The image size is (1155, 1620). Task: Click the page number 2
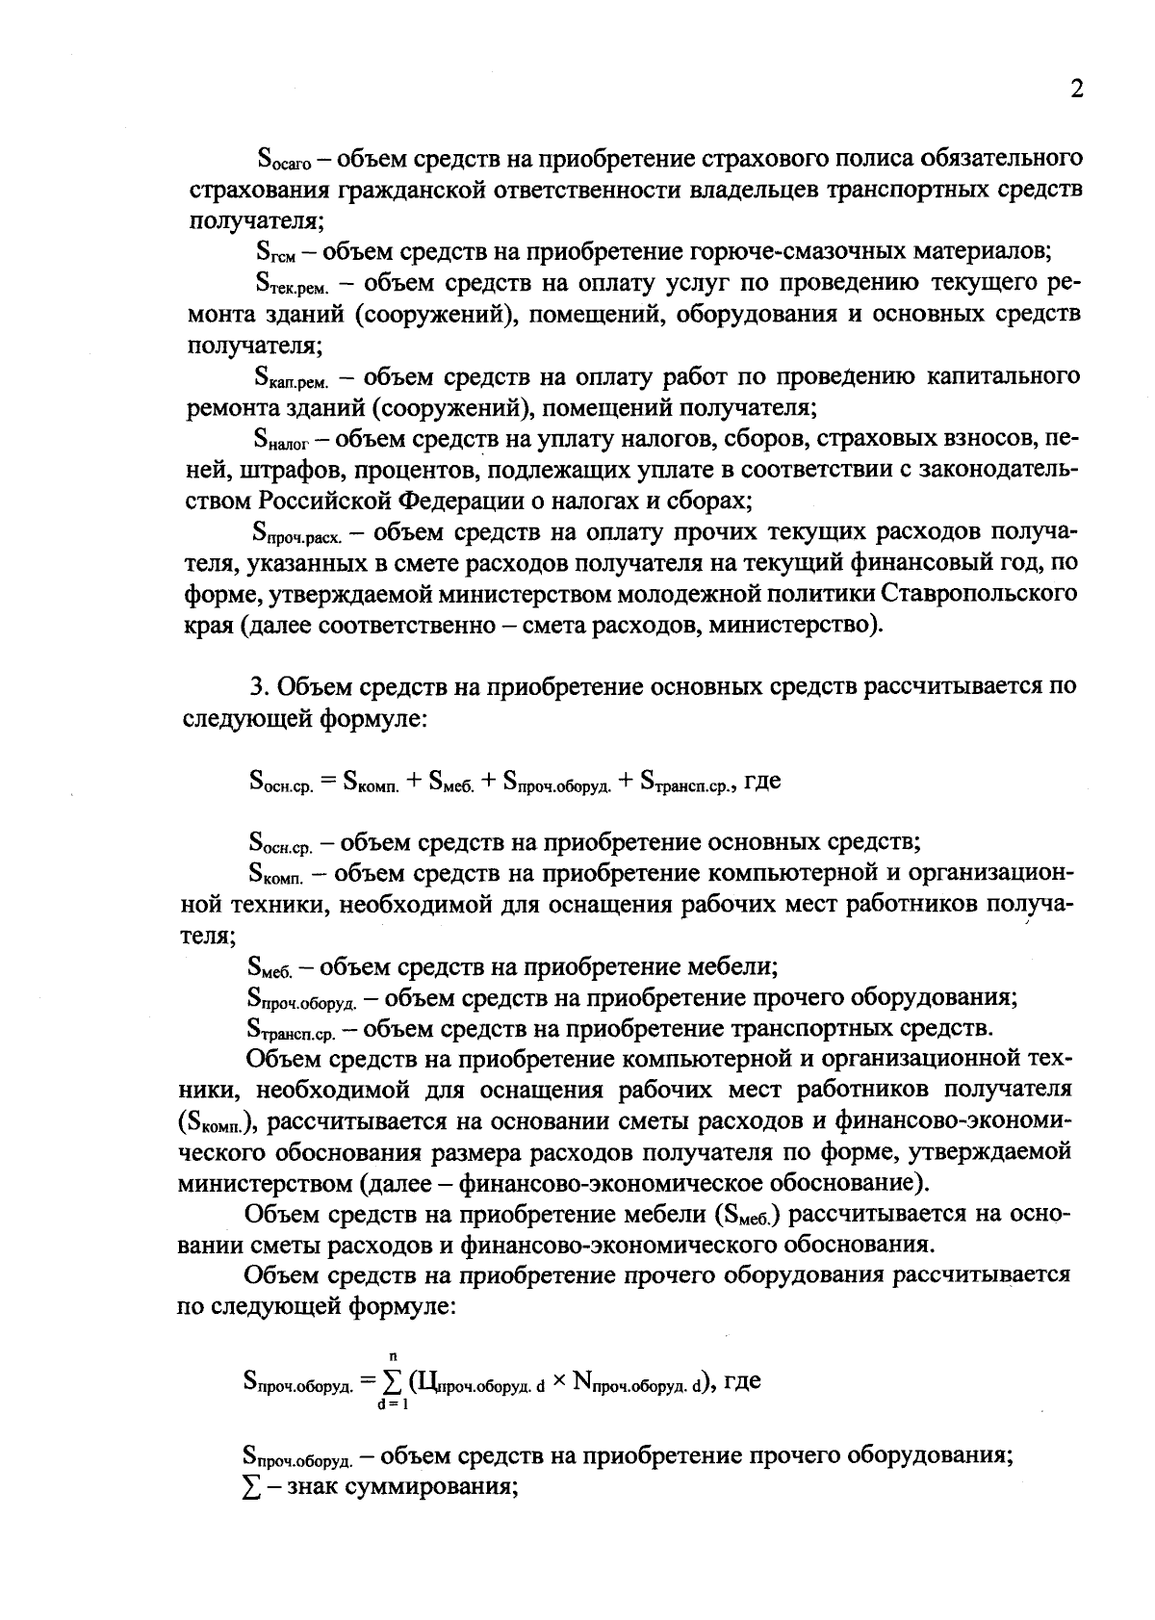[1076, 90]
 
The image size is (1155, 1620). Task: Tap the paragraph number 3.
[257, 686]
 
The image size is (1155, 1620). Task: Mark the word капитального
[1001, 375]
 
